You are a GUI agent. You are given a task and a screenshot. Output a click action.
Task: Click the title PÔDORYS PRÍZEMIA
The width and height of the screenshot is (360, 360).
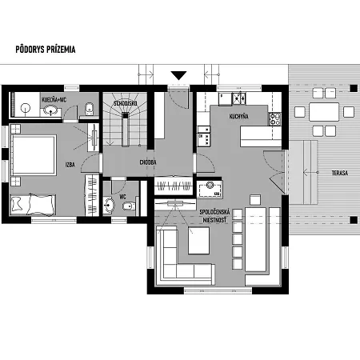coord(46,50)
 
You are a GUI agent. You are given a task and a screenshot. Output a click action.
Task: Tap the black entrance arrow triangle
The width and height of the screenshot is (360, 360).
coord(178,75)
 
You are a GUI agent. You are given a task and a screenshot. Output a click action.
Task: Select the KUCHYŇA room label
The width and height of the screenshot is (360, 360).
coord(239,116)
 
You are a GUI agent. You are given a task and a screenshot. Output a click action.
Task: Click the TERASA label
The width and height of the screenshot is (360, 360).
coord(340,173)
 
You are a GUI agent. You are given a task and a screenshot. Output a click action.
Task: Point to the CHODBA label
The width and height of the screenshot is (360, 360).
coord(148,162)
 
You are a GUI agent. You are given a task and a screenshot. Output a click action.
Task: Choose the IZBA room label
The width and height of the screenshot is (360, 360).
coord(70,165)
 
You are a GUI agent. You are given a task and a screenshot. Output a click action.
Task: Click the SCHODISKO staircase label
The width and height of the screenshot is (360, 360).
coord(126,103)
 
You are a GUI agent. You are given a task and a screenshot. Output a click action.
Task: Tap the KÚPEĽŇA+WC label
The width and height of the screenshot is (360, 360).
coord(54,100)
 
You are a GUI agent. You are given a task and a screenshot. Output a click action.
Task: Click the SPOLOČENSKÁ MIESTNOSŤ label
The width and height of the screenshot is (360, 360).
coord(214,216)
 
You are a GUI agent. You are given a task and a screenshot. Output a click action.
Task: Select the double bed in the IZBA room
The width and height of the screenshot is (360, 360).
coord(34,155)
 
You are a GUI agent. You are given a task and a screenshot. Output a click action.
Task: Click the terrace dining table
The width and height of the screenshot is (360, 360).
coord(324,112)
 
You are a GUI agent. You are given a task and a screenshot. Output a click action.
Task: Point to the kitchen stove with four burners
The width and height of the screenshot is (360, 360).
coord(274,119)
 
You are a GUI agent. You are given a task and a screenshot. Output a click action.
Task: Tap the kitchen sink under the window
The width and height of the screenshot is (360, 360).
coord(239,98)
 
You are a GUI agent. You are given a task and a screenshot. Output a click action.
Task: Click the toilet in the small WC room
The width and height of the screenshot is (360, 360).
coord(129,206)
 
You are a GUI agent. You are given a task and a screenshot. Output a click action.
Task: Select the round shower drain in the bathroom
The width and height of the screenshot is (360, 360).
coord(26,108)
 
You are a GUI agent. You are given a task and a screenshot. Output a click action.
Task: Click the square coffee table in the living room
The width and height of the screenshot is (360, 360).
coord(198,241)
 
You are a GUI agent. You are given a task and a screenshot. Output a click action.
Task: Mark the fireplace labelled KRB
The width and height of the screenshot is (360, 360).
coord(210,189)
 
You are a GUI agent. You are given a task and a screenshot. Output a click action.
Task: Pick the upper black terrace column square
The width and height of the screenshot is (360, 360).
coord(354,88)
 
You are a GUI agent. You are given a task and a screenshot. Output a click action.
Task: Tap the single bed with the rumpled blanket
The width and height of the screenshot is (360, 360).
coord(33,205)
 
